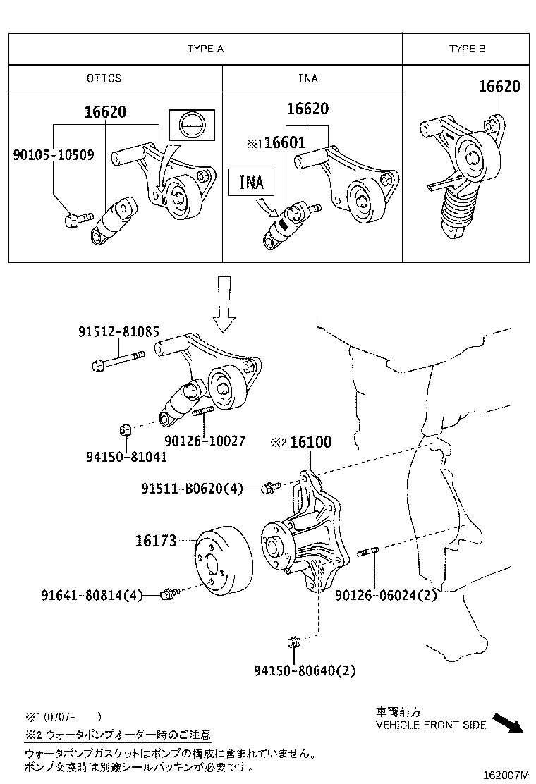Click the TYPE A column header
[x=205, y=49]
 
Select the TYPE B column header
[x=467, y=49]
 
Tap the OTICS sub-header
[x=104, y=78]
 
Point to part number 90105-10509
[x=54, y=154]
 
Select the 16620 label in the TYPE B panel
[x=499, y=87]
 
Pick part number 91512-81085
[x=118, y=331]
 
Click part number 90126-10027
[x=205, y=441]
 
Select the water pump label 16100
[x=310, y=442]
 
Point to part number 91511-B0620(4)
[x=192, y=488]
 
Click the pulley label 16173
[x=155, y=541]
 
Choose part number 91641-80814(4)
[x=92, y=596]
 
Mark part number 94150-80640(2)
[x=305, y=671]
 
